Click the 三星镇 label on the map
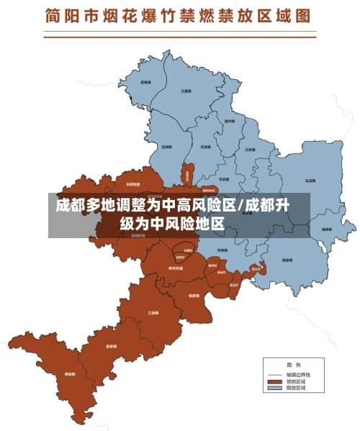tap(186, 91)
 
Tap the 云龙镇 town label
tap(310, 181)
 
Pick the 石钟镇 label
tap(166, 148)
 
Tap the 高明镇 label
tap(206, 147)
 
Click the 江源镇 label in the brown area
tap(153, 314)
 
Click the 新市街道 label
tap(175, 268)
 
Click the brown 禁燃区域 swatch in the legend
tap(274, 381)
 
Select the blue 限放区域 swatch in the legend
tap(274, 389)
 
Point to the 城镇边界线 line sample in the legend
tap(274, 375)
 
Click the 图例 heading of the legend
tap(294, 364)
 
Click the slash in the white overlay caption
tap(240, 205)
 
